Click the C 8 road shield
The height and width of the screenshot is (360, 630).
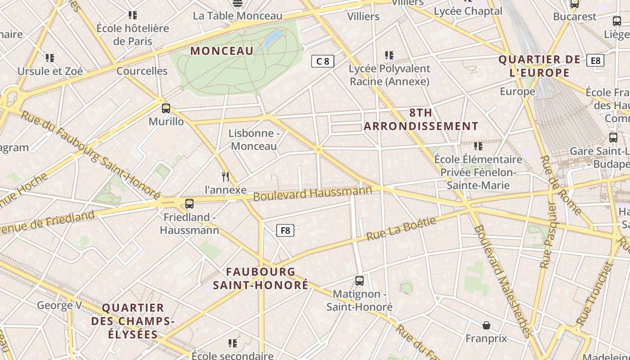tap(323, 61)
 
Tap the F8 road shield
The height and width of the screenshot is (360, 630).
tap(285, 231)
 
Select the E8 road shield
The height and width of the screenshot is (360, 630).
tap(595, 60)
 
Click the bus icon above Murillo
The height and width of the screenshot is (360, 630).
tap(166, 108)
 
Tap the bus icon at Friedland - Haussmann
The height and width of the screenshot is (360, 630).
tap(189, 203)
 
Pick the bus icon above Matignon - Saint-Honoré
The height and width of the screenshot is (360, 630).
tap(359, 281)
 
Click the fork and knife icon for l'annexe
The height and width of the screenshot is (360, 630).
tap(225, 176)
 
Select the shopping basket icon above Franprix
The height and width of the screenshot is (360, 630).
tap(486, 325)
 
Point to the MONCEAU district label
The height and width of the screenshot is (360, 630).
tap(222, 51)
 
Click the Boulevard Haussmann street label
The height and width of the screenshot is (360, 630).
tap(313, 193)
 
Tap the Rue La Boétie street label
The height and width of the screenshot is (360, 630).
tap(401, 229)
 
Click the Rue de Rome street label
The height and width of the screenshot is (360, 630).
tap(561, 185)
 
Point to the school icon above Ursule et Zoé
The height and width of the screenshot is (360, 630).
tap(50, 58)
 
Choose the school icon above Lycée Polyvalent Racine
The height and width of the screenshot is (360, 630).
tap(389, 55)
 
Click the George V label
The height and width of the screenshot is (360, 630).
tap(59, 306)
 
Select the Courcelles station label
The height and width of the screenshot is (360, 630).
tap(142, 71)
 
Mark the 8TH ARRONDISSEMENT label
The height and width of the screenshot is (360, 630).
tap(421, 119)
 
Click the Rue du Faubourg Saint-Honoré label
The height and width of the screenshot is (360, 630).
tap(90, 153)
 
